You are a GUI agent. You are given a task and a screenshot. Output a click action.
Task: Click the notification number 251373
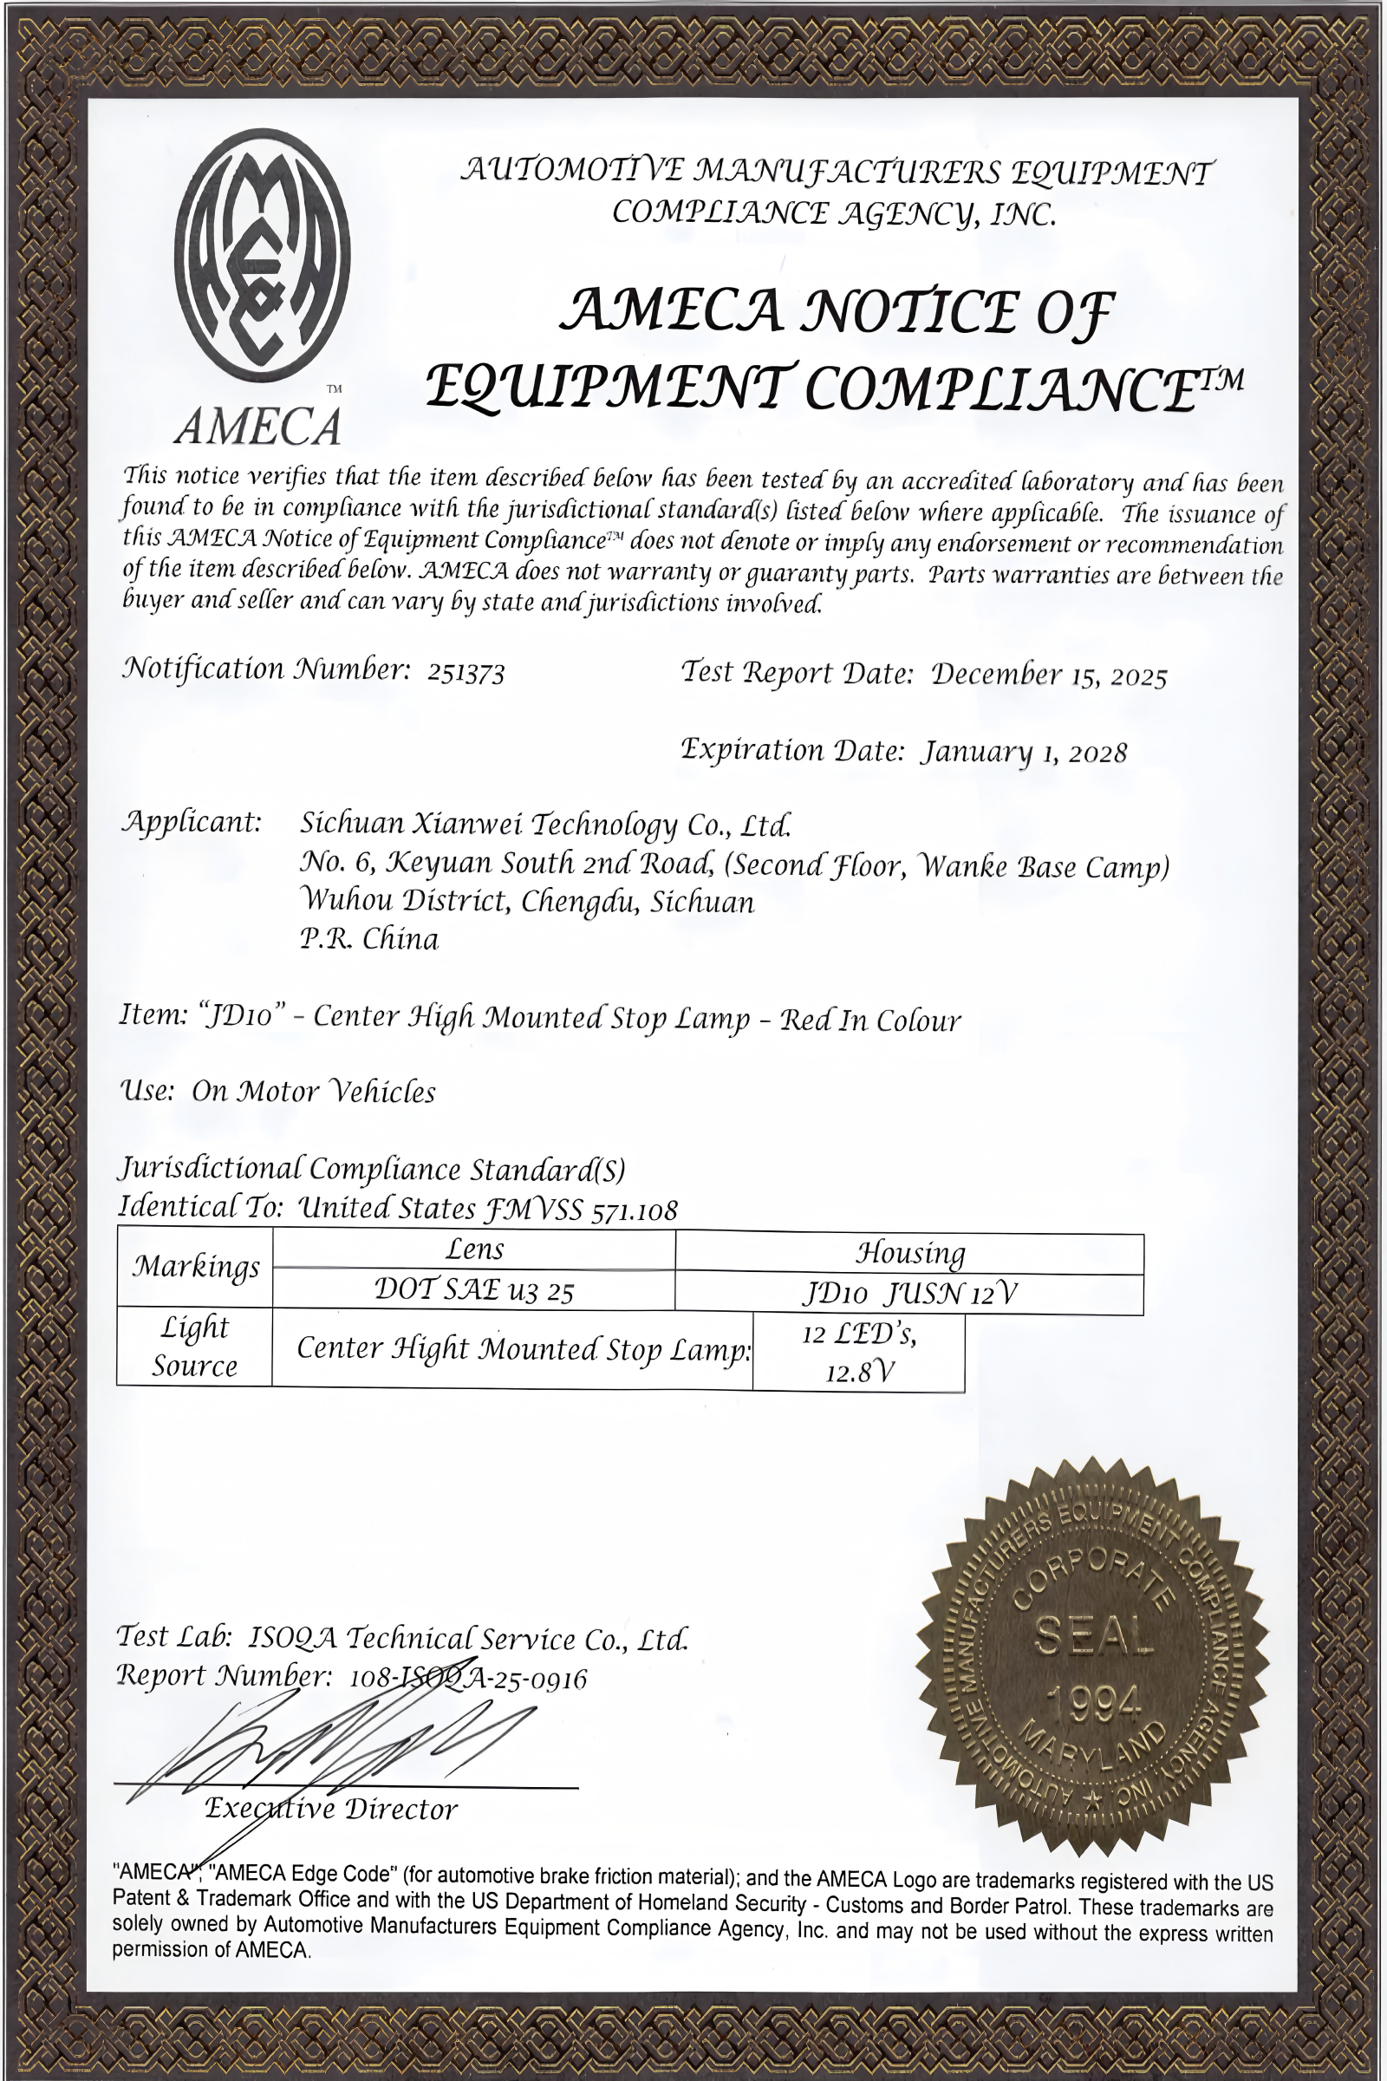click(466, 674)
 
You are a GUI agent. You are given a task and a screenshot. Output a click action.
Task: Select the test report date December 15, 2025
click(1048, 675)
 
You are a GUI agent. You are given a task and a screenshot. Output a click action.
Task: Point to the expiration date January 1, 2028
click(1025, 752)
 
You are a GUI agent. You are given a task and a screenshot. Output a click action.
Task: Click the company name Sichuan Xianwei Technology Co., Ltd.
click(545, 824)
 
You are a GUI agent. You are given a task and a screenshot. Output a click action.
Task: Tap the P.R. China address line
click(369, 938)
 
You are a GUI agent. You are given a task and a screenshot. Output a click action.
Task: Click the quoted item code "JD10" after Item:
click(244, 1014)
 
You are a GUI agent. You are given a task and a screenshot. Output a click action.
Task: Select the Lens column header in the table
click(474, 1249)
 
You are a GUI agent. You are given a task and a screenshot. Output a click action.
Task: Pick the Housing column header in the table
click(909, 1253)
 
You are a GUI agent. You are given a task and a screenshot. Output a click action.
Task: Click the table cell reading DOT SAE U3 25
click(474, 1290)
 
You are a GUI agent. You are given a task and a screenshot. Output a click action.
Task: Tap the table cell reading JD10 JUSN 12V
click(909, 1295)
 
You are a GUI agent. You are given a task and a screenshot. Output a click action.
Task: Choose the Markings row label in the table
click(196, 1267)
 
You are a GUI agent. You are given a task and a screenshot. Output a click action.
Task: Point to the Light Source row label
click(194, 1346)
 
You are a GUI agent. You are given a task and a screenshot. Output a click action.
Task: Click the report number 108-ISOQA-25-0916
click(469, 1679)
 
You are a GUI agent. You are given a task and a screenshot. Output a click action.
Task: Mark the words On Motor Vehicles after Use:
click(313, 1091)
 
